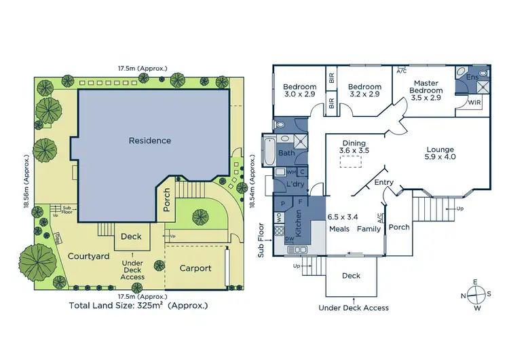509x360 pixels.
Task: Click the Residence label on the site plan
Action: (x=150, y=141)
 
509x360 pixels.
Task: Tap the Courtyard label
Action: (x=88, y=256)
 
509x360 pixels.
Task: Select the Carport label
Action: (x=195, y=268)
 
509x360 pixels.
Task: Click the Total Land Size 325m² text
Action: (x=138, y=306)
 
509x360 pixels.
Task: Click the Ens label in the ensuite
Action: (x=472, y=78)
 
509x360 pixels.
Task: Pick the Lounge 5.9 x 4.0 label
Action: (x=440, y=153)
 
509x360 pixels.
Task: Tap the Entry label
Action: (x=383, y=182)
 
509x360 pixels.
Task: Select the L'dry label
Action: (x=295, y=185)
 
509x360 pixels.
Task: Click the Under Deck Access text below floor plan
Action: (x=354, y=308)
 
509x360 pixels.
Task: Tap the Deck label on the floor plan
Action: (x=351, y=276)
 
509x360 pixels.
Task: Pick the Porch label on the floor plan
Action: (x=399, y=227)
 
